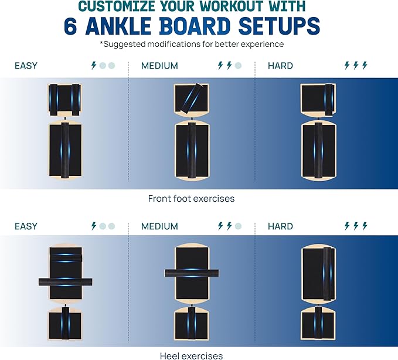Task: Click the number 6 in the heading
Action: point(73,26)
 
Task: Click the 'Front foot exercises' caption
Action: point(191,199)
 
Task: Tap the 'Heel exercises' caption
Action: point(191,355)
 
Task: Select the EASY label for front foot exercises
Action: point(26,66)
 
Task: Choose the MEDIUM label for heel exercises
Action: point(159,226)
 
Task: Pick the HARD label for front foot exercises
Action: point(280,66)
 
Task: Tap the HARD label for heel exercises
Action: point(280,226)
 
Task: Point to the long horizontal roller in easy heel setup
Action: point(65,281)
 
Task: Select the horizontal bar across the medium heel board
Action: point(192,273)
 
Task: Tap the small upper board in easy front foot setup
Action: point(64,99)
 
